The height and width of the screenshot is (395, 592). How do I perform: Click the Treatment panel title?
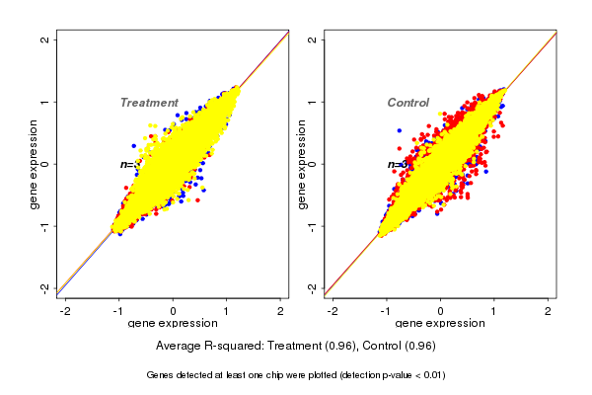click(x=149, y=103)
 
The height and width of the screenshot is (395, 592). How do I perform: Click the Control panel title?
click(x=407, y=103)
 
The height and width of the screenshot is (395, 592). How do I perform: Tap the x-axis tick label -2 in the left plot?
click(x=65, y=311)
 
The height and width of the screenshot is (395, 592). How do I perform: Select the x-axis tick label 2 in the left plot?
click(x=280, y=311)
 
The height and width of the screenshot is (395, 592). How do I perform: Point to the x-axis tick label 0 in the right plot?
click(x=441, y=311)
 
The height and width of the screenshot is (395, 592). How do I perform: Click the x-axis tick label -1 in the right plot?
click(x=387, y=311)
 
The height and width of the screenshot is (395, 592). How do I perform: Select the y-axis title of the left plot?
click(x=35, y=164)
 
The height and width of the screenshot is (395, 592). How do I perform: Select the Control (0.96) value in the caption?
click(x=400, y=346)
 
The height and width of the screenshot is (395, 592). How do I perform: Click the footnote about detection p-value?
click(x=296, y=375)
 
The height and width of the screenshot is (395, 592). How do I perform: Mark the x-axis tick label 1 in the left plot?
click(x=226, y=311)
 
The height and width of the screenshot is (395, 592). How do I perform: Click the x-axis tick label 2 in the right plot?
click(x=549, y=311)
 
